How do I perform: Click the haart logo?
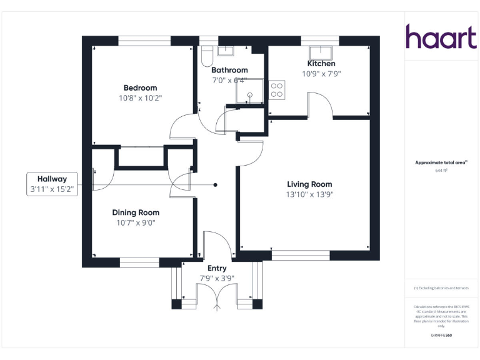tap(441, 37)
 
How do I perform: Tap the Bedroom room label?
tap(140, 88)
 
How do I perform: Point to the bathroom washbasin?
tap(225, 51)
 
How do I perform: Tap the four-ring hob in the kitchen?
tap(277, 90)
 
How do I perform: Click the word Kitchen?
tap(321, 64)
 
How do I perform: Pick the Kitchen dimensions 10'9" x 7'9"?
tap(321, 74)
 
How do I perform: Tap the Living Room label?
tap(309, 184)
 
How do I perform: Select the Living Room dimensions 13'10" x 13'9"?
tap(309, 194)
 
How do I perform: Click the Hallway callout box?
tap(52, 184)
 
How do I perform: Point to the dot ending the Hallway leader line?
tap(216, 185)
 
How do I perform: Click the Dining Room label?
tap(136, 212)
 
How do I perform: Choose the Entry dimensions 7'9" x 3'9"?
tap(217, 278)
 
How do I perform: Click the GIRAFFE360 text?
tap(441, 336)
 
